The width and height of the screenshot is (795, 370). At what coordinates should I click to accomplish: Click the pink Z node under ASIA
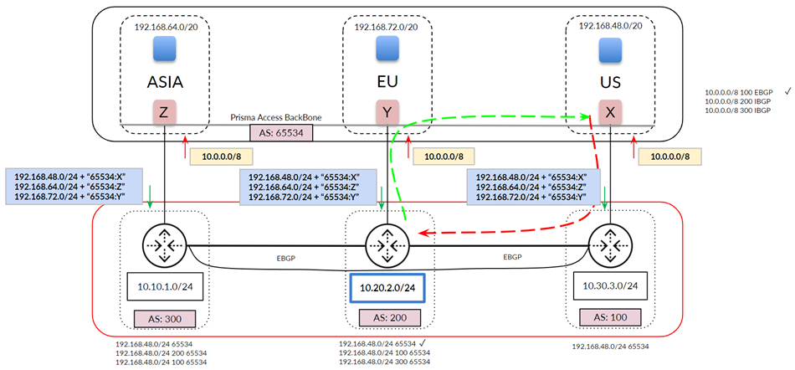coord(164,112)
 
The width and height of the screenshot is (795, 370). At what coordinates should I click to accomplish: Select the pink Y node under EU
coord(385,112)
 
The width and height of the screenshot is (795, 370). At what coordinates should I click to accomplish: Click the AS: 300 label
coord(164,318)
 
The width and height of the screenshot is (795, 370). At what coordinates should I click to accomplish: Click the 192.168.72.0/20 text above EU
coord(386,28)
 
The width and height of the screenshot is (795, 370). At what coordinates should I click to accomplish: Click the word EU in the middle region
coord(385,82)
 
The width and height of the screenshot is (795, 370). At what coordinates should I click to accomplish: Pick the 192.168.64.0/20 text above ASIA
coord(165,28)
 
